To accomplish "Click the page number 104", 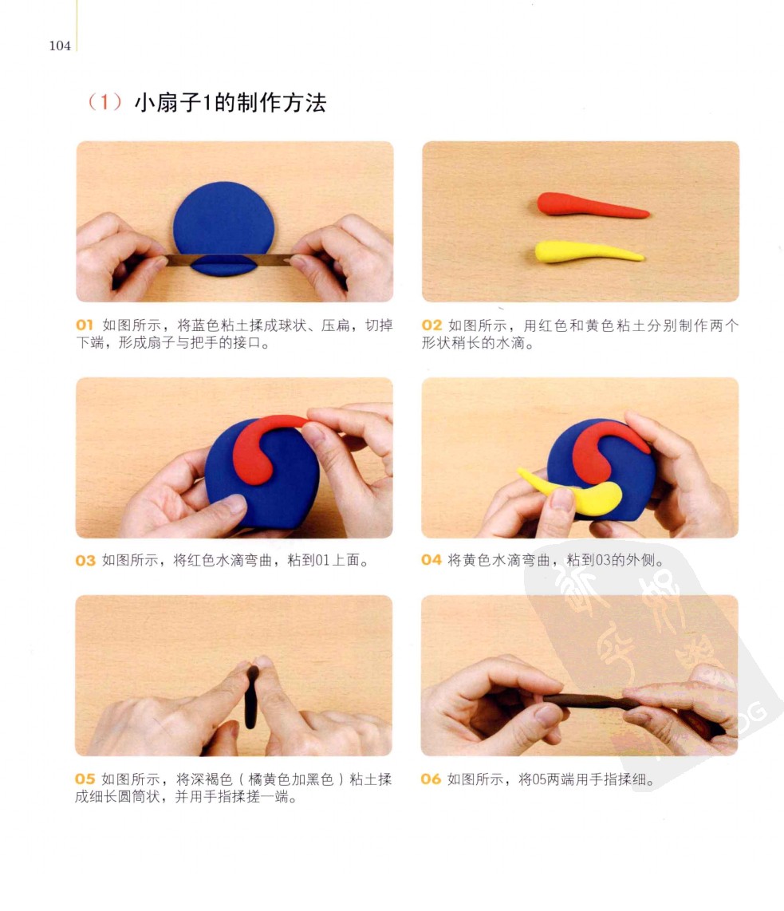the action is click(x=60, y=46).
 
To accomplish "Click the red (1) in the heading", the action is click(x=105, y=102).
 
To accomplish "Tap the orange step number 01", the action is click(x=85, y=325).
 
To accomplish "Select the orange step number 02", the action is click(x=431, y=325).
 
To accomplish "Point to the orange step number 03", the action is click(x=85, y=561).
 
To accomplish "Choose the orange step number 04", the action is click(x=431, y=560).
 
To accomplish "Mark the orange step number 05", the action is click(x=85, y=779).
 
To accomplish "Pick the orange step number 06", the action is click(x=431, y=779).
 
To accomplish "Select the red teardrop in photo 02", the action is click(x=591, y=205).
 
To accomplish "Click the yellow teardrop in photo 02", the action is click(x=586, y=251).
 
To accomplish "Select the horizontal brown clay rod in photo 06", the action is click(x=586, y=701).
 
